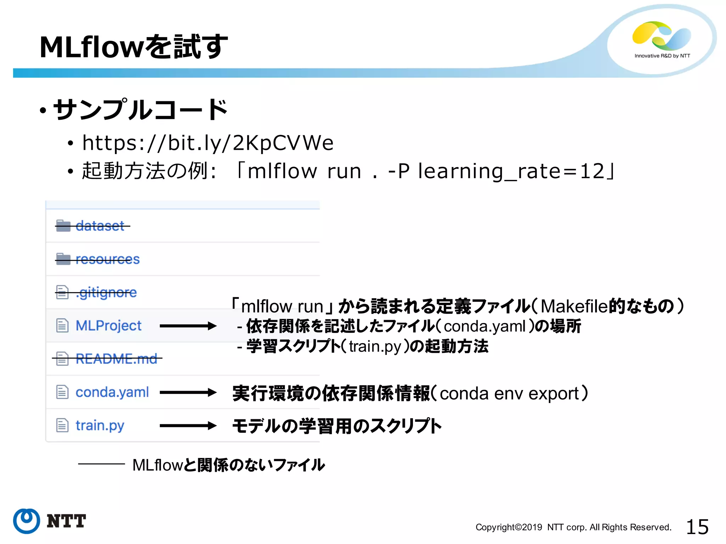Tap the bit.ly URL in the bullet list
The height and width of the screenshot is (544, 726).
pos(208,143)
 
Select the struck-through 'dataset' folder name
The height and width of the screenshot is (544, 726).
pos(100,226)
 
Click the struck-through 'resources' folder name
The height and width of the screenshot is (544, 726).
pos(107,259)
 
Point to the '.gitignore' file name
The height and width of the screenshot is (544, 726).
pos(106,293)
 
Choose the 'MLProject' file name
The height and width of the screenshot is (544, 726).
pos(108,325)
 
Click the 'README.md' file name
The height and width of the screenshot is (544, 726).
pos(116,359)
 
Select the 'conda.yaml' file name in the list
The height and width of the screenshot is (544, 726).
pos(112,392)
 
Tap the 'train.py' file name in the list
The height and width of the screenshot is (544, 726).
pos(100,425)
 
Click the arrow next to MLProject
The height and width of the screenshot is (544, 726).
pos(188,326)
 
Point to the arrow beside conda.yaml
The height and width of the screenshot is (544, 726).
pos(188,392)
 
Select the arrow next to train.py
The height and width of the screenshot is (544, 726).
pos(188,425)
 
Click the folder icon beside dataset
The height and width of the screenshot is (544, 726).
pos(63,226)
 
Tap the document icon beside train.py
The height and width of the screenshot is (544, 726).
pos(62,425)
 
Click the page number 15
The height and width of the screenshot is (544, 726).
pos(697,527)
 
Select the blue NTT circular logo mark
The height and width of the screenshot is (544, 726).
pos(27,521)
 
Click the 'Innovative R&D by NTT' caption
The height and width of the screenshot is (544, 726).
pos(662,56)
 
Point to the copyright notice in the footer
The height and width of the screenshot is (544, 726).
pos(573,527)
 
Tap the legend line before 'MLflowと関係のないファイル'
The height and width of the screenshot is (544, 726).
pos(101,464)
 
